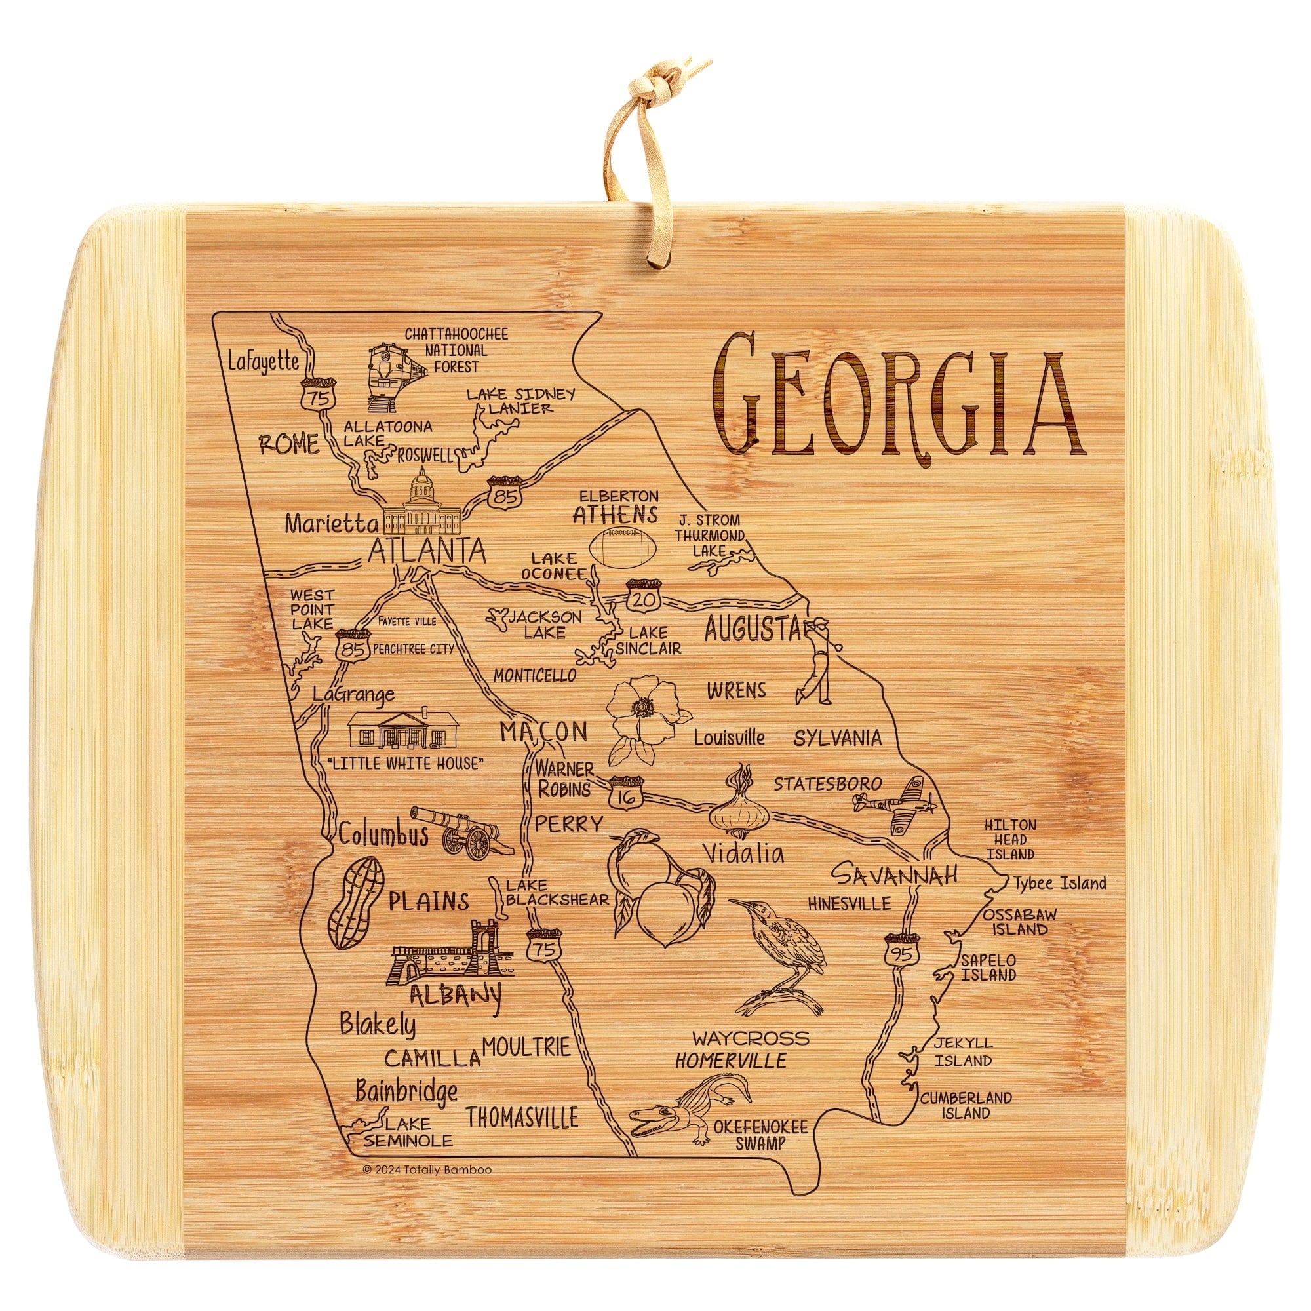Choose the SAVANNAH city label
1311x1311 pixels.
(894, 874)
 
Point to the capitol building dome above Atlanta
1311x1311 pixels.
(423, 484)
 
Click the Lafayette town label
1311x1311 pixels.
(264, 362)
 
